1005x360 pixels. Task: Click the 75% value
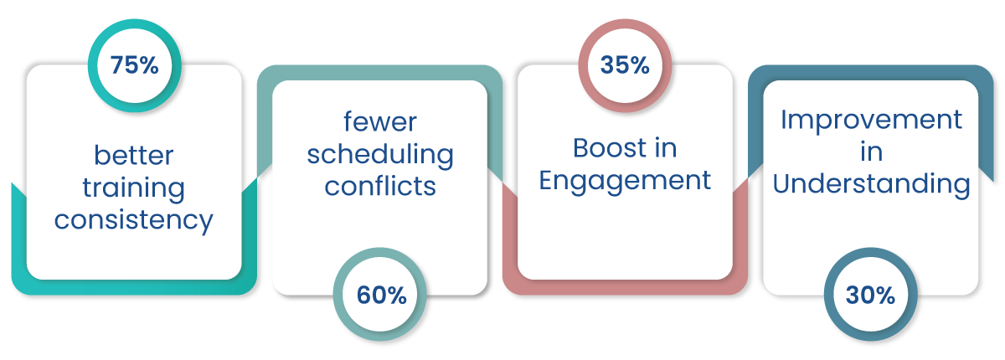tap(135, 65)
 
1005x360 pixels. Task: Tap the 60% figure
tap(381, 296)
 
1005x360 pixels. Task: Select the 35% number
tap(625, 65)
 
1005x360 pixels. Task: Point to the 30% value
tap(870, 296)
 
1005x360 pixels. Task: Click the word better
tap(134, 155)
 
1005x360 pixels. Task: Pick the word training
tap(134, 188)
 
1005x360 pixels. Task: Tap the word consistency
tap(134, 220)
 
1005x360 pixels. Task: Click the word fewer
tap(380, 121)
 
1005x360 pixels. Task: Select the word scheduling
tap(380, 155)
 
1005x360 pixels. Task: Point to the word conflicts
tap(380, 186)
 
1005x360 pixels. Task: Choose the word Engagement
tap(625, 181)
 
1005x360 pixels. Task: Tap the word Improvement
tap(871, 121)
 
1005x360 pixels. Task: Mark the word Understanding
tap(871, 184)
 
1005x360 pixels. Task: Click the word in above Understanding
tap(871, 152)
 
